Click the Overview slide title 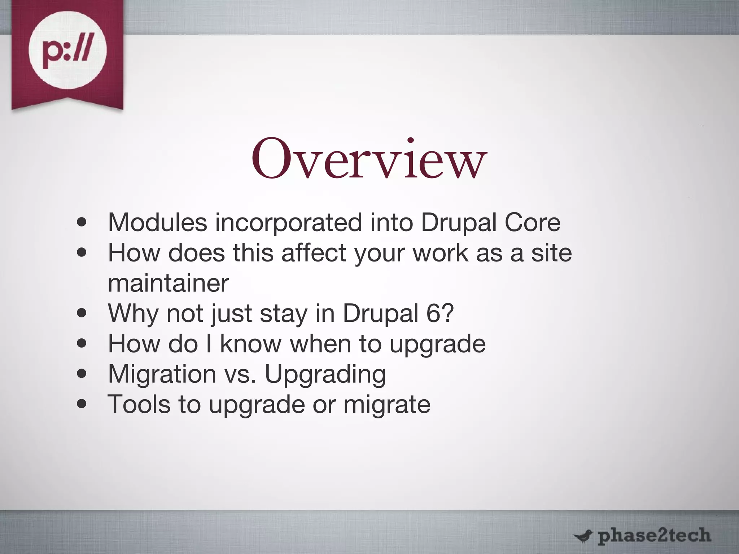pos(369,159)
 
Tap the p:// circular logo pos(67,50)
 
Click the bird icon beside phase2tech pos(583,536)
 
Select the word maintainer pos(169,283)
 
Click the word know pos(250,343)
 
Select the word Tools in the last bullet pos(139,404)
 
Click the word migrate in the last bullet pos(387,405)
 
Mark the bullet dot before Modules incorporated pos(82,223)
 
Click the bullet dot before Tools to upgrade pos(82,404)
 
